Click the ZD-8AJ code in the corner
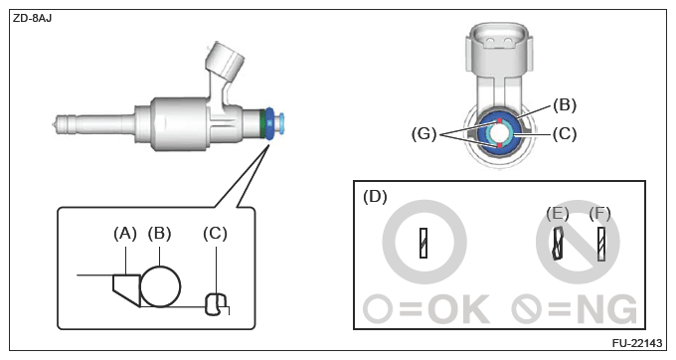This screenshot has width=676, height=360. [x=33, y=19]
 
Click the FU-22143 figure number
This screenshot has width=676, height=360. [x=637, y=343]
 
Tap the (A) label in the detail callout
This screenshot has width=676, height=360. [x=125, y=234]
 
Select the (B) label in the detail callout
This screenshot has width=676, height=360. [x=159, y=234]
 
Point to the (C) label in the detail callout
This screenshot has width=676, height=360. [x=215, y=234]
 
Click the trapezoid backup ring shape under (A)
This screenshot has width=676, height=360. [x=127, y=289]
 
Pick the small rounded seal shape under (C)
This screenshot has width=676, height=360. [x=216, y=304]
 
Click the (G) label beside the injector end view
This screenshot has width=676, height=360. [x=423, y=134]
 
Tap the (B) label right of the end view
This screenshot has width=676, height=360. [x=565, y=105]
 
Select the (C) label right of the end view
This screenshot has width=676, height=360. [x=565, y=134]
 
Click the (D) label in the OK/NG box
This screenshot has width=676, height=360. [x=375, y=196]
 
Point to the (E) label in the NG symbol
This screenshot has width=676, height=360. [x=558, y=214]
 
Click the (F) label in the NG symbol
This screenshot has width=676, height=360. [x=599, y=214]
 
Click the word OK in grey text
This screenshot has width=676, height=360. [x=459, y=309]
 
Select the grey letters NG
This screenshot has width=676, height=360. [x=606, y=309]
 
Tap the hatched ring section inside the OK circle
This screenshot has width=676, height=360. [x=423, y=244]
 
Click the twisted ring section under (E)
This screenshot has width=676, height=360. [x=559, y=244]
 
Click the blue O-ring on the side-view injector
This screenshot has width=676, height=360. [x=269, y=123]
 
